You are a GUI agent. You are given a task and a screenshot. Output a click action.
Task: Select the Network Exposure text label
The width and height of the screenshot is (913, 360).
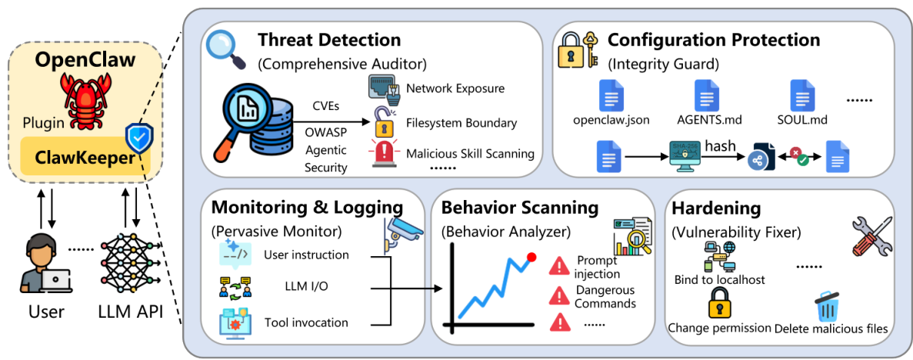click(455, 88)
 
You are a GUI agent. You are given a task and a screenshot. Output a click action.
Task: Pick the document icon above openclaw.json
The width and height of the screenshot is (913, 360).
click(611, 95)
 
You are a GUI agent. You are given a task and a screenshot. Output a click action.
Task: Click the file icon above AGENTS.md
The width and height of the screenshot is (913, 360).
click(707, 95)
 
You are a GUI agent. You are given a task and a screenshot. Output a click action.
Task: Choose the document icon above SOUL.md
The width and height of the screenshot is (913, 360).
click(802, 95)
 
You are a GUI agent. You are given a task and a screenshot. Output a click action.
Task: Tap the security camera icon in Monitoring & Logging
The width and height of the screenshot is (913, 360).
click(401, 231)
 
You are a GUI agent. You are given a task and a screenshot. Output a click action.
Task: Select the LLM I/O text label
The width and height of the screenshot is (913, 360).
click(295, 288)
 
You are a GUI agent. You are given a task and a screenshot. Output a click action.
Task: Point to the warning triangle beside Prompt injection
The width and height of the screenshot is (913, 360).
click(559, 266)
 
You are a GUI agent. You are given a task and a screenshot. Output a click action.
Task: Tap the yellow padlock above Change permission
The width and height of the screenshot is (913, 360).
click(718, 302)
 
